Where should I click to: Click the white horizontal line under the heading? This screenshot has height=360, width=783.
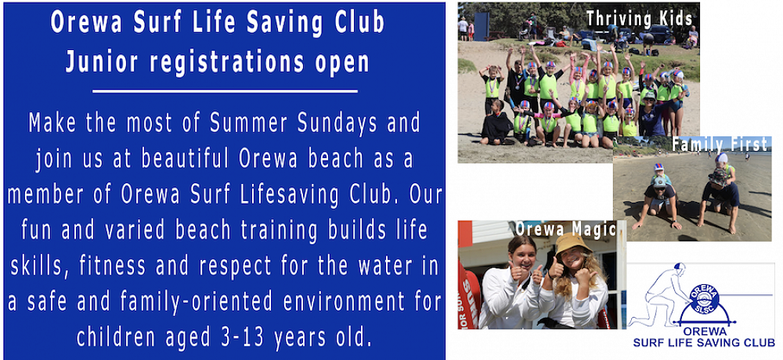click(225, 92)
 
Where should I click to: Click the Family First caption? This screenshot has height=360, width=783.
click(720, 145)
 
